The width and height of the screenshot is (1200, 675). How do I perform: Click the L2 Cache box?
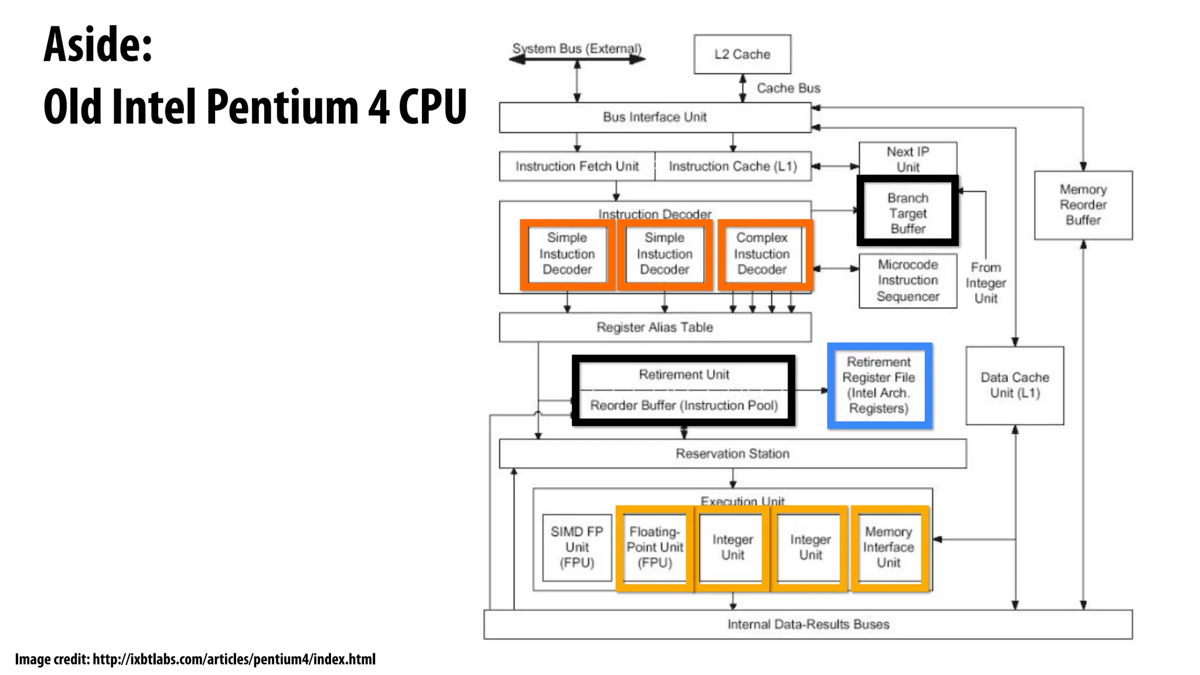pos(742,54)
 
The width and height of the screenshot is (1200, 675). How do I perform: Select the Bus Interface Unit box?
pos(654,117)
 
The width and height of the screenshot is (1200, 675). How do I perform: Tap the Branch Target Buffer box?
pos(907,212)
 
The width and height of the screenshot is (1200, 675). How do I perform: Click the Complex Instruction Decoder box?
pos(762,254)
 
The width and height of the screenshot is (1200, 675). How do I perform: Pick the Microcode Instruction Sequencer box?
pos(907,281)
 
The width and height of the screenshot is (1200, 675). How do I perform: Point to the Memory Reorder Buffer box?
pos(1083,205)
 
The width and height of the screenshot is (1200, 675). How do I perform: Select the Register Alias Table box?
pos(654,328)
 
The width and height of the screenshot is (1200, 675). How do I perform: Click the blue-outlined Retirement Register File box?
pos(879,386)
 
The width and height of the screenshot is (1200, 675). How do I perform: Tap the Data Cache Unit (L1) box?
pos(1014,386)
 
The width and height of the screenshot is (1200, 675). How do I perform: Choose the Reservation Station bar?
pos(732,454)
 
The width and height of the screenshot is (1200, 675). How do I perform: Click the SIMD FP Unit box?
pos(577,547)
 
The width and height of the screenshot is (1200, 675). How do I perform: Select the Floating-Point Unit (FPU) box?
pos(654,547)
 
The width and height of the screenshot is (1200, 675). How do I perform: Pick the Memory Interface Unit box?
pos(888,547)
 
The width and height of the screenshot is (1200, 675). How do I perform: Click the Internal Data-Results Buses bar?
pos(807,625)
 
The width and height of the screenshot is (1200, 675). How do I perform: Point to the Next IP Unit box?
pos(907,159)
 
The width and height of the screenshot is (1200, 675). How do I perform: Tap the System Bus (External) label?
pos(577,49)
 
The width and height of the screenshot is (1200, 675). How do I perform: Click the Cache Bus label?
pos(788,88)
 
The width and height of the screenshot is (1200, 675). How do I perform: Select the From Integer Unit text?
pos(986,283)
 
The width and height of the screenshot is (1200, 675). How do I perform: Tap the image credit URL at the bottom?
pos(234,660)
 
